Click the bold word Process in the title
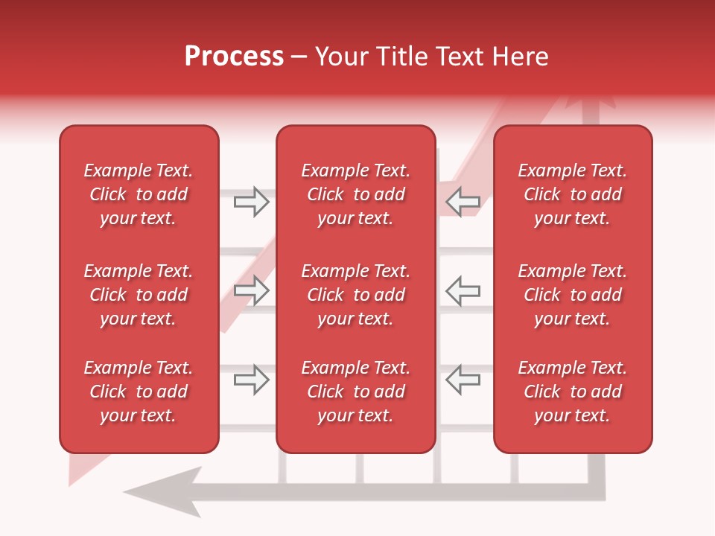point(234,57)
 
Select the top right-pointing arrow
point(252,201)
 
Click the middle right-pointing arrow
point(252,290)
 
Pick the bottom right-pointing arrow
point(252,380)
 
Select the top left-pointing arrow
point(463,201)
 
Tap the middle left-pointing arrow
point(463,290)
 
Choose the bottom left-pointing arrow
point(463,380)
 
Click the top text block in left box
point(139,194)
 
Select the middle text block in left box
point(139,295)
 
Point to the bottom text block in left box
point(139,392)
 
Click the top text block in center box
point(355,194)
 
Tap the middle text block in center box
point(355,295)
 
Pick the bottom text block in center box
point(355,392)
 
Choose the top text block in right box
point(572,194)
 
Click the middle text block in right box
point(572,295)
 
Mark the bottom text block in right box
point(572,392)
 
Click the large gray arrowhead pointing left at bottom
point(168,491)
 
